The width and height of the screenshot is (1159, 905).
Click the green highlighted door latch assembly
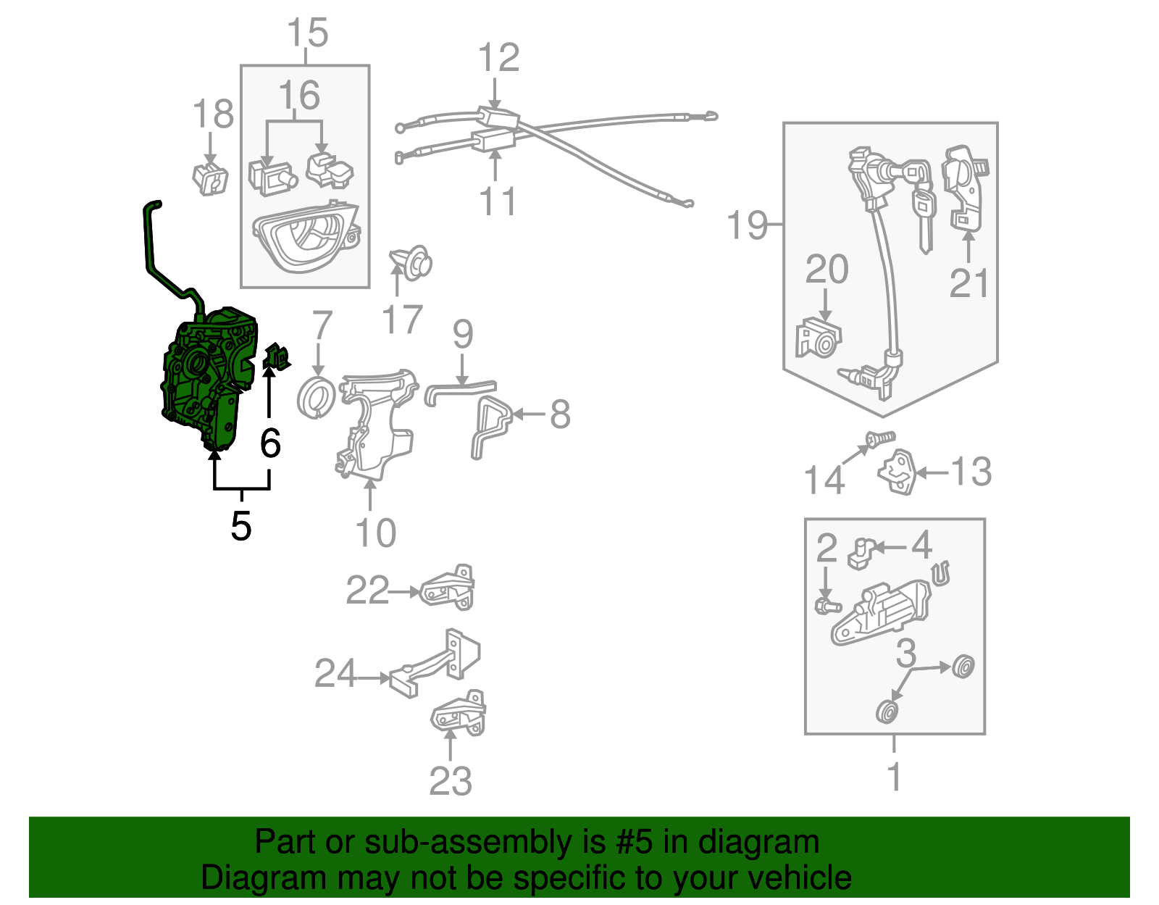206,377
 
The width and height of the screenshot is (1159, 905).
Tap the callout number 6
270,443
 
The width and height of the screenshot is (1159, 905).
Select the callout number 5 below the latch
241,526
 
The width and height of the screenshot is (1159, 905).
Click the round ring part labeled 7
317,398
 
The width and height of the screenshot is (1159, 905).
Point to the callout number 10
376,533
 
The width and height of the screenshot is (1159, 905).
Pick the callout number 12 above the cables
499,58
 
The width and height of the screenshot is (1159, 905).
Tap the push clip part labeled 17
412,264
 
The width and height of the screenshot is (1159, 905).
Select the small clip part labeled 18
210,178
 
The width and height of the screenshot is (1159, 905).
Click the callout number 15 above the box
307,33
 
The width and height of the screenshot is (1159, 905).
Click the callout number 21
969,283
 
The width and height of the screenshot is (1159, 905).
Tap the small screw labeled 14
880,438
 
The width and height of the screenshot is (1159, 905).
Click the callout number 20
827,270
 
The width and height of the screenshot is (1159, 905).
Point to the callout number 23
450,781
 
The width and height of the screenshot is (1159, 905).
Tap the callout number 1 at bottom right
895,777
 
